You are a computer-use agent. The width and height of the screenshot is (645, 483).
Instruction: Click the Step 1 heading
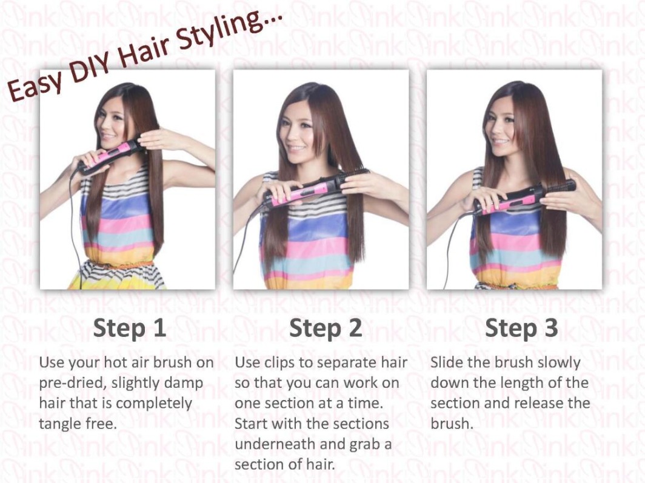(x=130, y=328)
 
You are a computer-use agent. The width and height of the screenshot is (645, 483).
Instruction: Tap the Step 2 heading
(x=326, y=328)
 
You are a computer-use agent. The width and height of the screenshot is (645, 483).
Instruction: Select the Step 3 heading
(x=521, y=328)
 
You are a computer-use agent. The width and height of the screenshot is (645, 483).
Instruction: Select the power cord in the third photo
(x=452, y=247)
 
